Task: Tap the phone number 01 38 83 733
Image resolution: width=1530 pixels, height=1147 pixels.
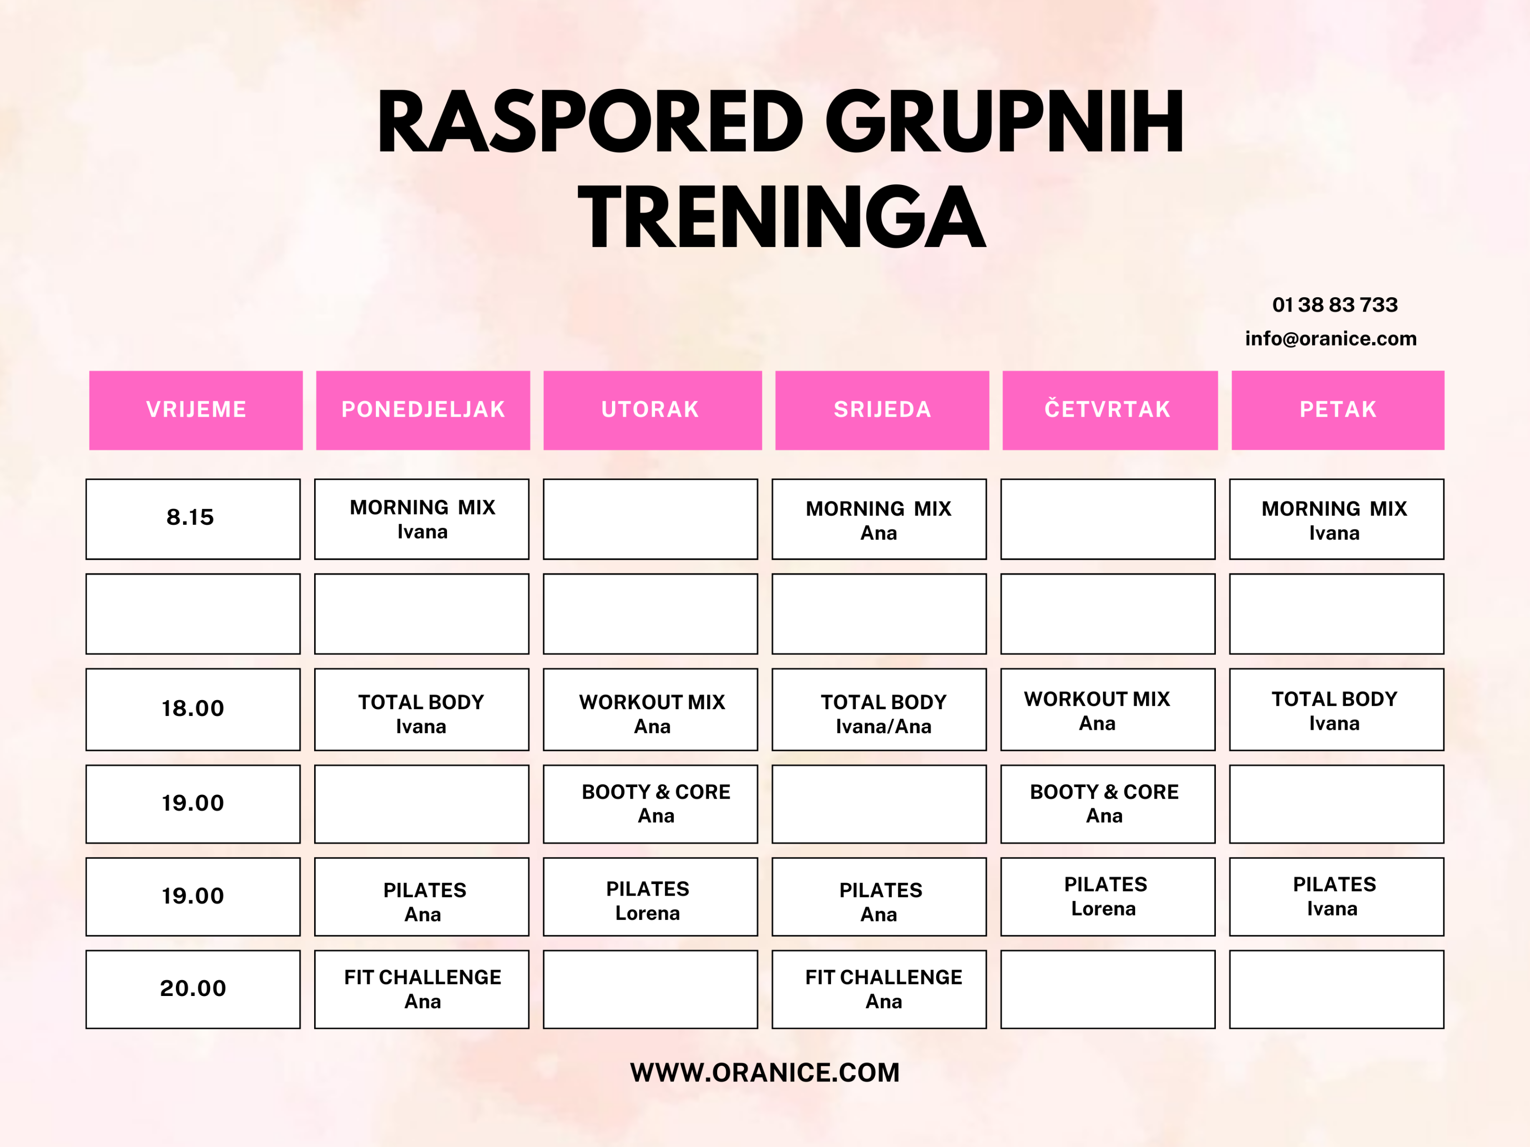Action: coord(1335,305)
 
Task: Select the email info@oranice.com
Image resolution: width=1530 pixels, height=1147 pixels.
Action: coord(1331,339)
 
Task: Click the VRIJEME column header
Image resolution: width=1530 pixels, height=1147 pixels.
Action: coord(196,410)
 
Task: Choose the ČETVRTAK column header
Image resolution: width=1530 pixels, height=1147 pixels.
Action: coord(1109,410)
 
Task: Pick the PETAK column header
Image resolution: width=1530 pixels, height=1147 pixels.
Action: coord(1338,410)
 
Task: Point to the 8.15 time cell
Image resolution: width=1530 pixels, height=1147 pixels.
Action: coord(193,519)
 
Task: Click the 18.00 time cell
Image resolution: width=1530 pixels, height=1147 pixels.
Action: coord(193,709)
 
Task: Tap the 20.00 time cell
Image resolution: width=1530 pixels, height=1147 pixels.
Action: coord(193,989)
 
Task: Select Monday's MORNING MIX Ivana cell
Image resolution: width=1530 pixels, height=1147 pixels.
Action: coord(422,519)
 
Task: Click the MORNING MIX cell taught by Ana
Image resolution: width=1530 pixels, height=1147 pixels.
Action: coord(879,519)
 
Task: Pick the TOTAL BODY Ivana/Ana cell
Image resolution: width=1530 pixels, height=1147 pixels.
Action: coord(879,709)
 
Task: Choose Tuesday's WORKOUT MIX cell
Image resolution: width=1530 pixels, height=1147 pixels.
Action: coord(650,709)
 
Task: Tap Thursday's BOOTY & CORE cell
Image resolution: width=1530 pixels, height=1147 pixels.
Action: coord(1108,804)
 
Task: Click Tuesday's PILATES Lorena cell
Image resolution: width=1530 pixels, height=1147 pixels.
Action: coord(650,897)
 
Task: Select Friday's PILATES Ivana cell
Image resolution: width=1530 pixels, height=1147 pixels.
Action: coord(1337,897)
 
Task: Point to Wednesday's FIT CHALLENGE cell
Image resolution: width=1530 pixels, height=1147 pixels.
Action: coord(879,989)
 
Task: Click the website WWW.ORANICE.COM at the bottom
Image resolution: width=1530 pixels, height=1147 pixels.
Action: coord(765,1072)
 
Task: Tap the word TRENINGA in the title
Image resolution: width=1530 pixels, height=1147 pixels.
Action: coord(782,217)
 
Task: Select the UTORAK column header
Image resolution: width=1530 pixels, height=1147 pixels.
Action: coord(652,410)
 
